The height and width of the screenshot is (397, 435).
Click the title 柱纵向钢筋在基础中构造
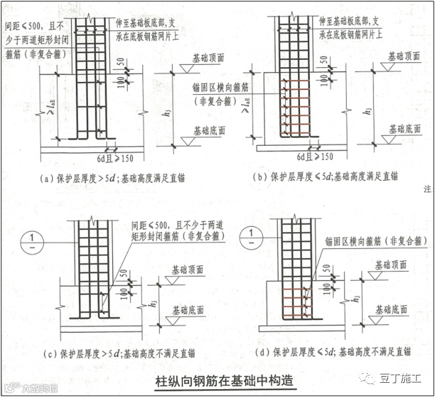pyautogui.click(x=224, y=382)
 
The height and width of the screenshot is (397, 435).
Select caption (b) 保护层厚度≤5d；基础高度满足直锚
pyautogui.click(x=325, y=177)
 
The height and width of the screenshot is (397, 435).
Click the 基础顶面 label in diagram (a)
pyautogui.click(x=208, y=58)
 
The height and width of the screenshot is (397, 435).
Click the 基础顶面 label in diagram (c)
pyautogui.click(x=190, y=270)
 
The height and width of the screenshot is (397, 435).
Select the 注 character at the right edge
pyautogui.click(x=428, y=190)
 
